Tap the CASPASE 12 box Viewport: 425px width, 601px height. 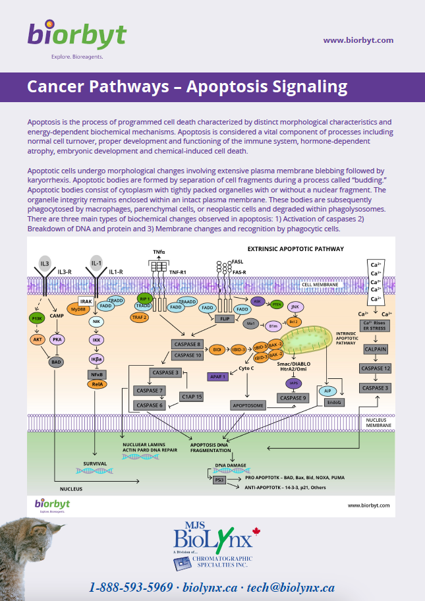(x=376, y=368)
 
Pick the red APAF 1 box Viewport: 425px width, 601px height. (x=216, y=376)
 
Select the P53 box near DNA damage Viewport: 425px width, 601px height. (x=219, y=480)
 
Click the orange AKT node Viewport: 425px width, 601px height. (x=36, y=340)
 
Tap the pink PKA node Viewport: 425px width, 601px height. (x=57, y=340)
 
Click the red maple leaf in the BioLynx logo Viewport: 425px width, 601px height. (x=257, y=530)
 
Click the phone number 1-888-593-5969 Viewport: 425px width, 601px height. (x=130, y=587)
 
